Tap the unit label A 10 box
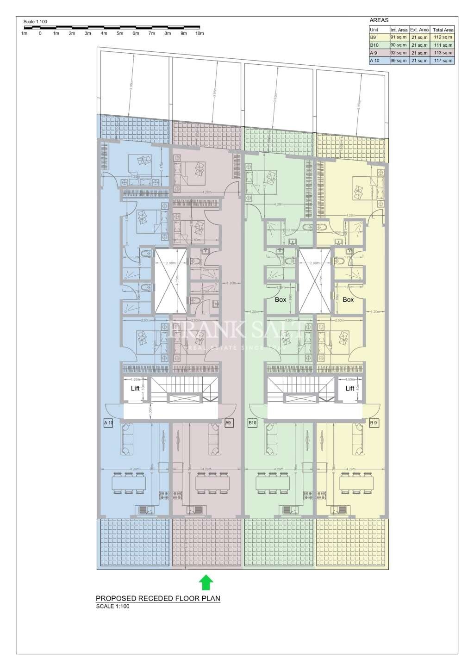(108, 423)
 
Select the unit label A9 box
(228, 423)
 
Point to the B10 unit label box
(253, 423)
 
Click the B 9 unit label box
(374, 423)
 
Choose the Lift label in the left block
(135, 389)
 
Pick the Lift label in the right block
(350, 389)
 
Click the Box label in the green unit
(281, 300)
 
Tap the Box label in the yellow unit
(348, 300)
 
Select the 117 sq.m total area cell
(443, 61)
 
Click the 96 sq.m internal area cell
(399, 61)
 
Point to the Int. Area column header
(399, 30)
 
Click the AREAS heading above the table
(379, 20)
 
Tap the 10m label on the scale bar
(200, 33)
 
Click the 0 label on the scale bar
(40, 33)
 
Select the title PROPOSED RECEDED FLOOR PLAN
(158, 598)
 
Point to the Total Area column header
(443, 30)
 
